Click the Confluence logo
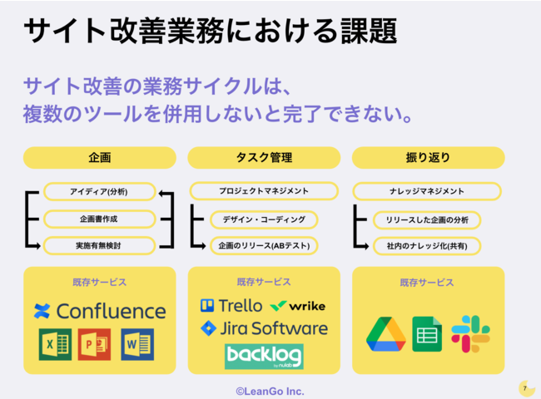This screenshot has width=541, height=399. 100,311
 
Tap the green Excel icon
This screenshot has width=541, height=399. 55,344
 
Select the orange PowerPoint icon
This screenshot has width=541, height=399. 94,344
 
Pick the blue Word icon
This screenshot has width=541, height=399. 137,344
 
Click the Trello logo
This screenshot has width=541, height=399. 231,306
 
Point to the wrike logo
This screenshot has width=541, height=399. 298,306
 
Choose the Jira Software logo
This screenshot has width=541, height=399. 264,328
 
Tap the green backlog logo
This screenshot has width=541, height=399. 264,357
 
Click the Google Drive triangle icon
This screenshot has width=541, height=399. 386,334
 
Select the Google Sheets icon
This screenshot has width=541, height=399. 427,334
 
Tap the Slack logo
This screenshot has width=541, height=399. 470,334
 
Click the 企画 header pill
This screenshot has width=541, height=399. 100,157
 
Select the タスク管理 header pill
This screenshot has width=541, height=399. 264,157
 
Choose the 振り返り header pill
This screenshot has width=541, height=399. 428,157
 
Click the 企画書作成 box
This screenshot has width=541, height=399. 99,219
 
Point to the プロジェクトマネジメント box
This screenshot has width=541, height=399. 264,191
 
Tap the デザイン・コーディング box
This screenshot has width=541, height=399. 264,219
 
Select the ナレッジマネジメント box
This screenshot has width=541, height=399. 427,191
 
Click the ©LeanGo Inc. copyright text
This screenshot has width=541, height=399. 270,392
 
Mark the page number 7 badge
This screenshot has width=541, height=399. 526,388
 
